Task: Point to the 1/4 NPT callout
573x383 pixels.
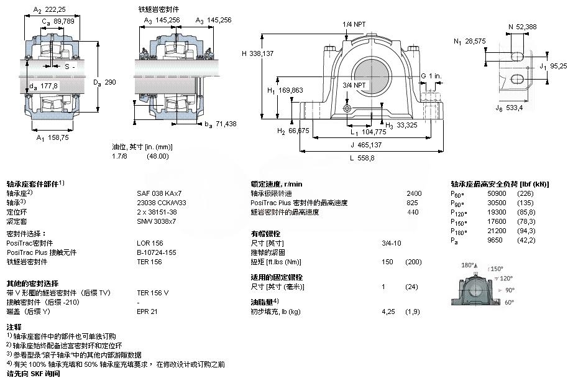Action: (354, 25)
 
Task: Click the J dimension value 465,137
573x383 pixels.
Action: (367, 144)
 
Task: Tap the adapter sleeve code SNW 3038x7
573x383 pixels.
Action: (157, 221)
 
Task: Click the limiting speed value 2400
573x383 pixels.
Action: (413, 193)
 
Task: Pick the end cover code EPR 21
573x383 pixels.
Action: (147, 311)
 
